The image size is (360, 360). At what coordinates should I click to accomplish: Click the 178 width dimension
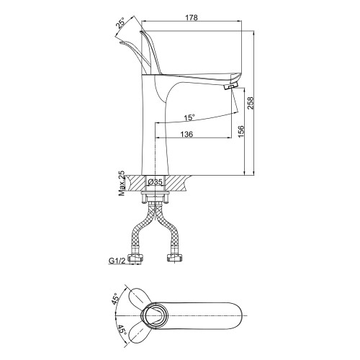click(x=192, y=18)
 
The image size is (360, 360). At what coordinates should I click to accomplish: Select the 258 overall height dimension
click(x=251, y=103)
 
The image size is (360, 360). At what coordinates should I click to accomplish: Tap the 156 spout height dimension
click(x=240, y=131)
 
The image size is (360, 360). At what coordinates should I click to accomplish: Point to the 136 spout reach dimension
click(x=186, y=134)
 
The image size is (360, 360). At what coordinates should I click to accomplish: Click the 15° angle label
click(x=189, y=117)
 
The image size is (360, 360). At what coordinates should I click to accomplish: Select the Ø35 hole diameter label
click(x=156, y=182)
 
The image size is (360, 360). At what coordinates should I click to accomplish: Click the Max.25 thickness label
click(x=122, y=184)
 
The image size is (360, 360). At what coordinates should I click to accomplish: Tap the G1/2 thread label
click(x=117, y=261)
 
